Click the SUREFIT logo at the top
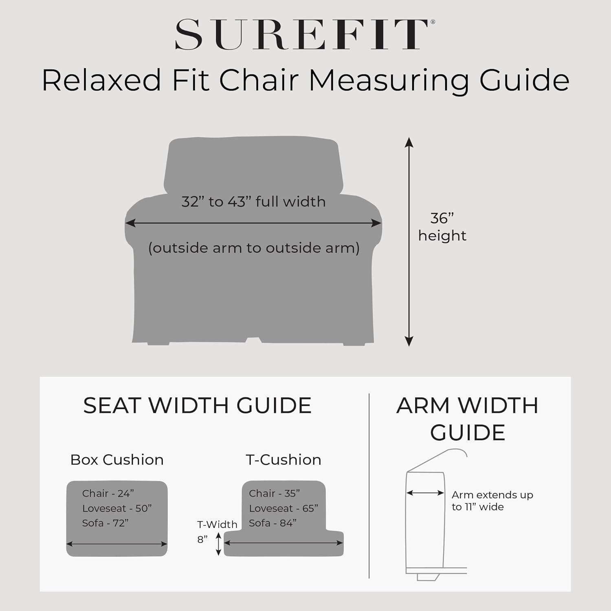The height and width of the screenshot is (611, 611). [x=305, y=35]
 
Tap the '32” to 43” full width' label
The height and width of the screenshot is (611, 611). [x=253, y=202]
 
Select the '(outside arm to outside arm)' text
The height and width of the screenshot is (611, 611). [x=254, y=248]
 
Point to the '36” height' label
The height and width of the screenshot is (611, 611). [x=442, y=227]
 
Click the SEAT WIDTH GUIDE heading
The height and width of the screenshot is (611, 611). [x=198, y=406]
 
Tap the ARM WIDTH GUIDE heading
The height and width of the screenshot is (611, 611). [x=468, y=419]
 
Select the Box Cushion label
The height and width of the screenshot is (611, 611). [x=117, y=460]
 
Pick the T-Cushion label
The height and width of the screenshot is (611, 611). [x=284, y=460]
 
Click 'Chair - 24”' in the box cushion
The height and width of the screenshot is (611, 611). [x=108, y=493]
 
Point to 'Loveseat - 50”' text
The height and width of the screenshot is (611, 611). [x=117, y=508]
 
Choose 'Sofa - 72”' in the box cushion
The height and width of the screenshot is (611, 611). [x=105, y=523]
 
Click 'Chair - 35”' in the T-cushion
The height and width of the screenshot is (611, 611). [x=275, y=493]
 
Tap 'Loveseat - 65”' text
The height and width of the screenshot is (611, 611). [x=284, y=508]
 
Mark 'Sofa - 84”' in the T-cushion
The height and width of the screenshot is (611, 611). [x=273, y=523]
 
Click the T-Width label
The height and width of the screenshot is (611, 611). [x=217, y=524]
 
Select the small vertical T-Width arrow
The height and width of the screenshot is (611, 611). [x=218, y=544]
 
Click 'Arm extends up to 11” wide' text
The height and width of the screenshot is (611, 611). [x=492, y=501]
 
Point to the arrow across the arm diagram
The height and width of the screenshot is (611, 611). [x=425, y=493]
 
